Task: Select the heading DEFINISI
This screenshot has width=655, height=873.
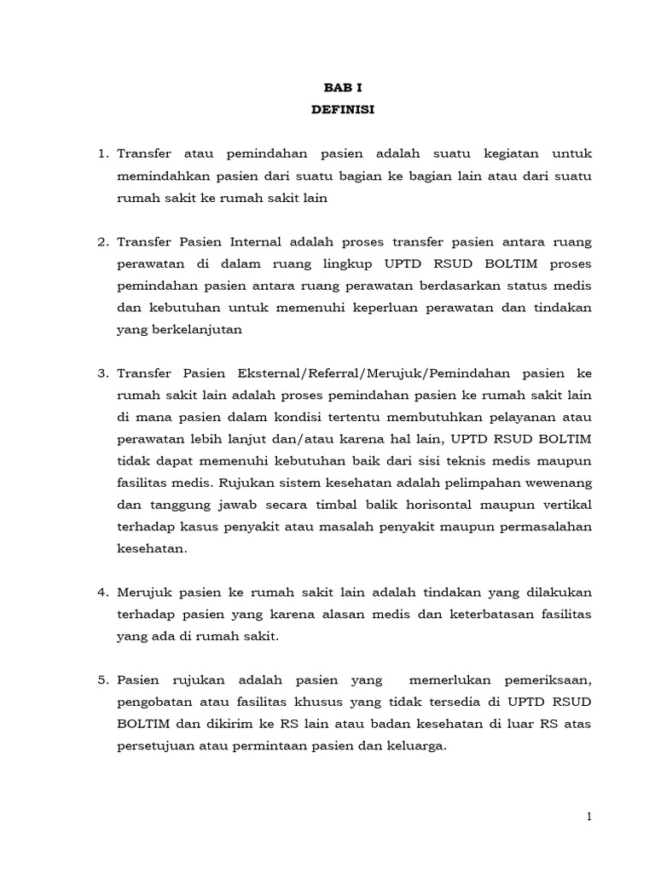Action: point(336,109)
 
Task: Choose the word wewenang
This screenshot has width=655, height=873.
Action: point(556,483)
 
